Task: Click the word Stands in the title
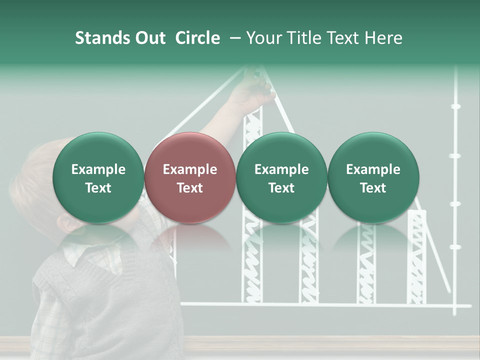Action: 100,38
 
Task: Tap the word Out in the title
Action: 148,38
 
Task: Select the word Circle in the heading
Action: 197,38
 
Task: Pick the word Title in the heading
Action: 304,38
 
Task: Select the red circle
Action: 190,177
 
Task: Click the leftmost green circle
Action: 98,177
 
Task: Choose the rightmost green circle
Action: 373,177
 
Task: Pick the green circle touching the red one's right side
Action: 281,177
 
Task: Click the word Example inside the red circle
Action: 190,169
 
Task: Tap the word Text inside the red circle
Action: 190,188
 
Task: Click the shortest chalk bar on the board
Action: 416,260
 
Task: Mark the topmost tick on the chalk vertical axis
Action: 455,106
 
